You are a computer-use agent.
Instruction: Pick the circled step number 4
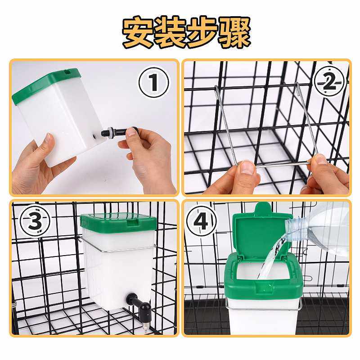click(x=202, y=220)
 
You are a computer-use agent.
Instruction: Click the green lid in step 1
click(x=45, y=85)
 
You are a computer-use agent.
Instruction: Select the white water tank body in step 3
click(x=117, y=270)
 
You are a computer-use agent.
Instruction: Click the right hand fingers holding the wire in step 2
click(x=324, y=171)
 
